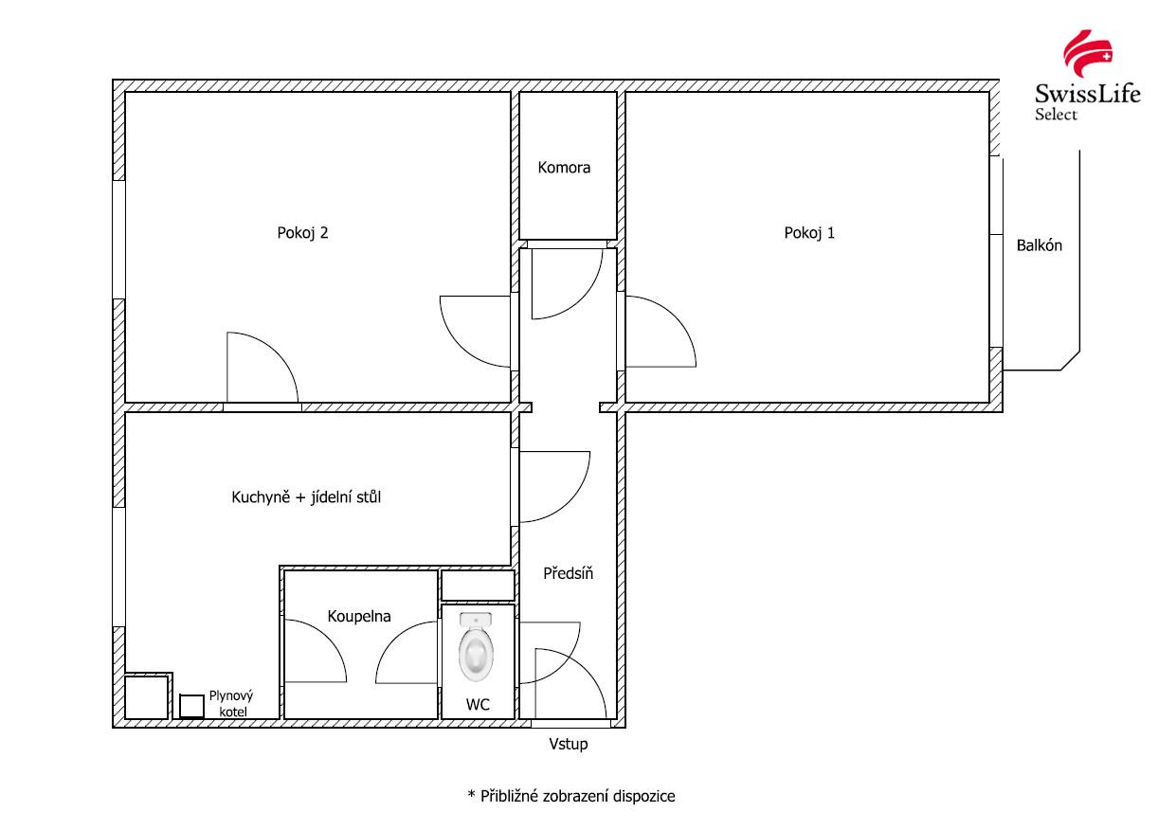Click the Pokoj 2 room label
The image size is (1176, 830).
(x=302, y=232)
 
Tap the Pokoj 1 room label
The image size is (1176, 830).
(x=809, y=232)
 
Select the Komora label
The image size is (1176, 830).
(x=564, y=168)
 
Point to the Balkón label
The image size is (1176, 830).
(x=1039, y=245)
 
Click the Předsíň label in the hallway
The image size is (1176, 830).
(x=568, y=573)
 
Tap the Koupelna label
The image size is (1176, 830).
(x=359, y=616)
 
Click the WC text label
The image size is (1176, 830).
(x=478, y=705)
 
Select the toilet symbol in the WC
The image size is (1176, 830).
(x=476, y=647)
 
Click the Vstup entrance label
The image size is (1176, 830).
(x=568, y=745)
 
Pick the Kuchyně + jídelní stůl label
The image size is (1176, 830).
(x=306, y=496)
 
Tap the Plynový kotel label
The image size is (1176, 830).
(x=231, y=703)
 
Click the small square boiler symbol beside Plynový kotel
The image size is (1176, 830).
(x=191, y=706)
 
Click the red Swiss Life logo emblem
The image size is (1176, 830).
(x=1088, y=53)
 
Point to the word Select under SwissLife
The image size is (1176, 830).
(x=1056, y=114)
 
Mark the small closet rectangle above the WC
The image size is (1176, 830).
(x=478, y=586)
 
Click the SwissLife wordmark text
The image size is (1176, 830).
(x=1087, y=95)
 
